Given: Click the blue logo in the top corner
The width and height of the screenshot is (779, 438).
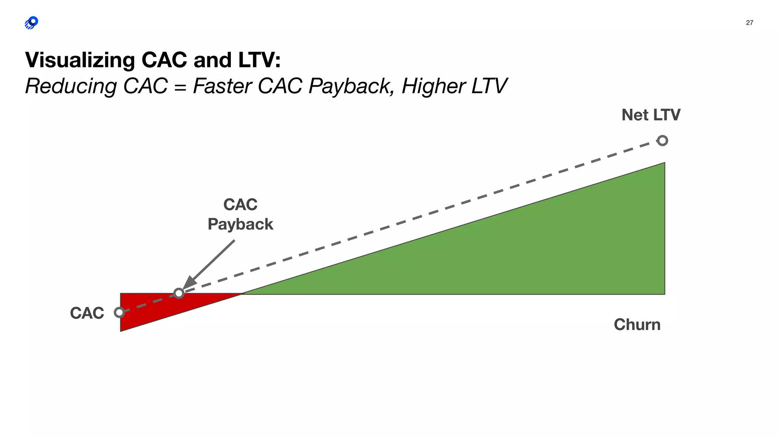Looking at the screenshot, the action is point(31,23).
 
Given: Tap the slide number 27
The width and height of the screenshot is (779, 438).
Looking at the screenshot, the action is point(749,23).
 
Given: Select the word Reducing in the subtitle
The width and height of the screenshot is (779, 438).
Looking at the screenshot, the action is point(71,86).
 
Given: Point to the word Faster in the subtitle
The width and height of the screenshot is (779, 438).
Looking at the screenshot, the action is point(222,86).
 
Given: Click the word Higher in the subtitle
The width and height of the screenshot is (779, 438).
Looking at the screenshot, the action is point(433,86).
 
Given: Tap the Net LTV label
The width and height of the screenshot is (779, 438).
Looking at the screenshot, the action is point(651,115).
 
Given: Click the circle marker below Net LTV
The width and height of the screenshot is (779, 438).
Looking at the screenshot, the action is point(662,141).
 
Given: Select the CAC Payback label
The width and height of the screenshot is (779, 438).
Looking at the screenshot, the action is point(240,214).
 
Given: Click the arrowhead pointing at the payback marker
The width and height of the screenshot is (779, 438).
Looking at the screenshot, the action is point(189,283).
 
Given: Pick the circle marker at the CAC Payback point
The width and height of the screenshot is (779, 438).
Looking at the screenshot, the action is point(179,293).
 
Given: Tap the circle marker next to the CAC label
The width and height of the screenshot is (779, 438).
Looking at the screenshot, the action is point(119,313).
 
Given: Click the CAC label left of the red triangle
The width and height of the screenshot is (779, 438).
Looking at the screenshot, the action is point(87,313).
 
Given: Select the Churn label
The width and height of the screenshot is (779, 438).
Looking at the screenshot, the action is point(637,325).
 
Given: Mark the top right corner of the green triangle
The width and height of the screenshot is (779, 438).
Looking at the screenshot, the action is point(664,163).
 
